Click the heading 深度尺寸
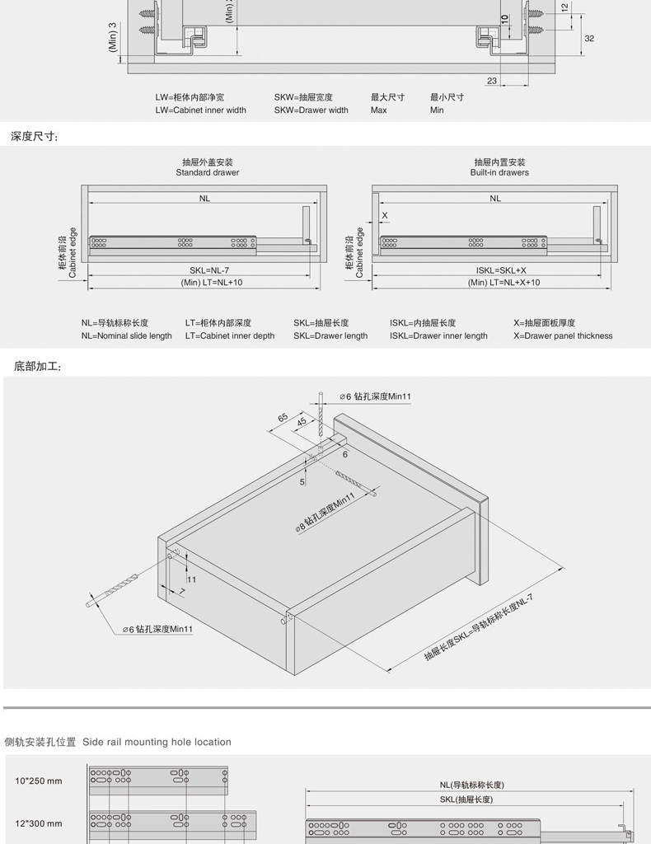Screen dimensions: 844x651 [35, 137]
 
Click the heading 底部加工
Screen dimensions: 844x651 [38, 366]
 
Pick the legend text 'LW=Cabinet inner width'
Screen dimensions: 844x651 [200, 110]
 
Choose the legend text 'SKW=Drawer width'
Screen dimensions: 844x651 [311, 110]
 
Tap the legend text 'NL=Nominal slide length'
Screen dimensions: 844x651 [126, 336]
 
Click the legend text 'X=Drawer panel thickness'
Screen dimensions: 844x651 [563, 336]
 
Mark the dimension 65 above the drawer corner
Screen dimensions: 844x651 [283, 418]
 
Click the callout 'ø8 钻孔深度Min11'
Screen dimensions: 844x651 [325, 513]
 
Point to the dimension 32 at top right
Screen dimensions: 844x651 [589, 38]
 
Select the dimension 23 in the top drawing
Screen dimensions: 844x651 [492, 81]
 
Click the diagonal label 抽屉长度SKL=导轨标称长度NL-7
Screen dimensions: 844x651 [479, 627]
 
